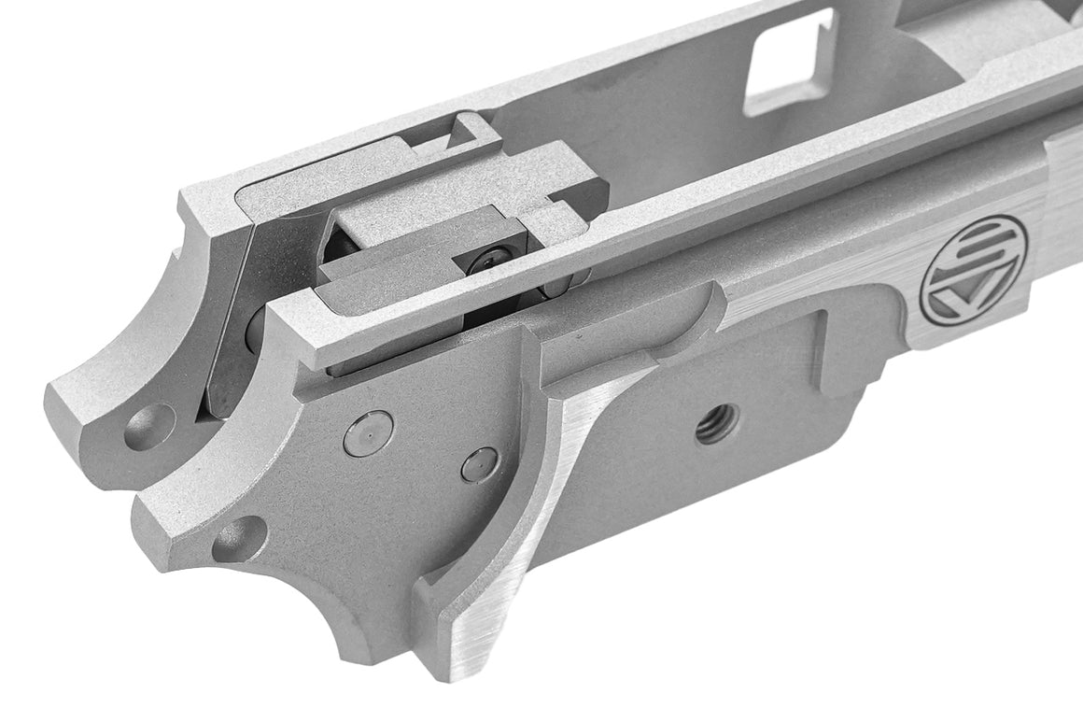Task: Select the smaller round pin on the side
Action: coord(480,464)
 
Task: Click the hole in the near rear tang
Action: coord(239,539)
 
